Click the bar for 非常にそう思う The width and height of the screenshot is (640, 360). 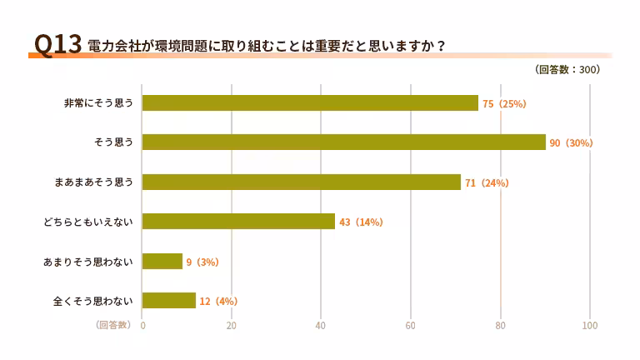(310, 103)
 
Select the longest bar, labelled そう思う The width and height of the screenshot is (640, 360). (343, 142)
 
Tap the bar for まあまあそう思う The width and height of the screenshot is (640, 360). (301, 182)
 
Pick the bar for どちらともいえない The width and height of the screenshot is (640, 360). (238, 222)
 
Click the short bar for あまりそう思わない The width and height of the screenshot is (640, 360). (162, 262)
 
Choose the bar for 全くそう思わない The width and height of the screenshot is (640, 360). (169, 301)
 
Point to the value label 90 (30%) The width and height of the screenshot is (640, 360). (571, 143)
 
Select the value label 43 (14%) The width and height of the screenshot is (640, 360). (361, 222)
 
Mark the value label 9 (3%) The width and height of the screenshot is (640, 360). (202, 262)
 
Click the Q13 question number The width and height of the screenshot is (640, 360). (54, 45)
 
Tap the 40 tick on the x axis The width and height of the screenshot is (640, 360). (321, 325)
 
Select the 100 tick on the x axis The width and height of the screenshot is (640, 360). (590, 325)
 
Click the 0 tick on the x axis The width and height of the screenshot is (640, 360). (142, 325)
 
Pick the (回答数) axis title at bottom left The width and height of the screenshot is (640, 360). (113, 324)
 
